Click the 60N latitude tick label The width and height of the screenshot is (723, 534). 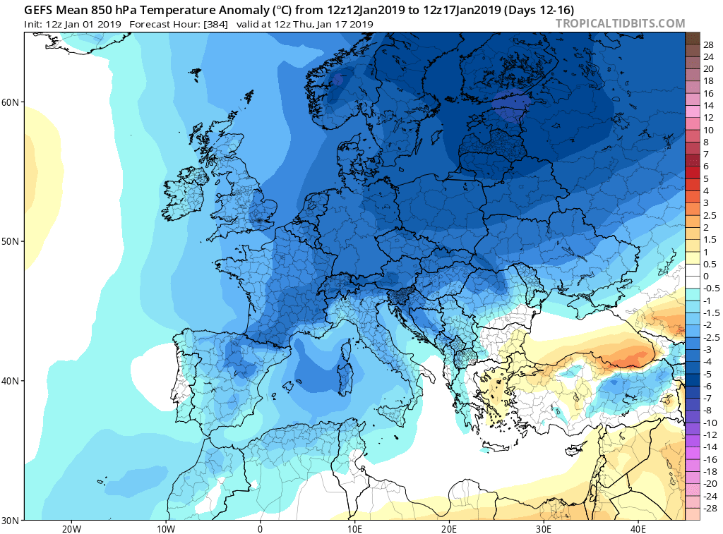click(x=11, y=102)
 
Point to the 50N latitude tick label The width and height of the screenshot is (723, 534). click(x=11, y=241)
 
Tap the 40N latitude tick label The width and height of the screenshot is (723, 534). click(x=11, y=381)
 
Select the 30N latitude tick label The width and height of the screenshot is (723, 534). click(x=11, y=520)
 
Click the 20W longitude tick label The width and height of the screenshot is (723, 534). click(x=71, y=528)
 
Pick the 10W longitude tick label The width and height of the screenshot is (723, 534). click(x=165, y=528)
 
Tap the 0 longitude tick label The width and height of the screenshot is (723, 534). click(x=261, y=528)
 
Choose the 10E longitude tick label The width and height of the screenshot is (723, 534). click(x=354, y=528)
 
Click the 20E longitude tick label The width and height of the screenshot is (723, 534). click(x=449, y=528)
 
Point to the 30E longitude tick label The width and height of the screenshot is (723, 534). click(x=544, y=528)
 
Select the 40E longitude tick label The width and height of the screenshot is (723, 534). click(x=638, y=528)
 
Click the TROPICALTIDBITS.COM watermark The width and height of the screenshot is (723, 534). click(x=620, y=23)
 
